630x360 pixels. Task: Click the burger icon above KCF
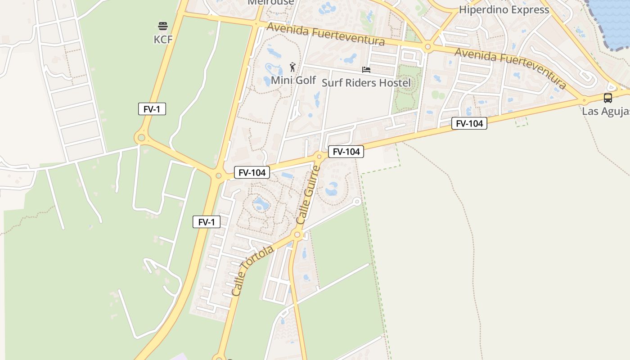point(163,26)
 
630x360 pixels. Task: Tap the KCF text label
point(163,40)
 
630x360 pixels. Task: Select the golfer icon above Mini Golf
point(293,67)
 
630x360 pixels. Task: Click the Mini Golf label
point(293,80)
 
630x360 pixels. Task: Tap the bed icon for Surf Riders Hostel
point(366,70)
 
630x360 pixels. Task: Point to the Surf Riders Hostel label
point(366,83)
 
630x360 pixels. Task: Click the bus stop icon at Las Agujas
point(607,98)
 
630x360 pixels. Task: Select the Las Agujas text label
point(606,111)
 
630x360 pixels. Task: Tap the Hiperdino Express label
point(504,9)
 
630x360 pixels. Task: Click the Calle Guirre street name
point(309,195)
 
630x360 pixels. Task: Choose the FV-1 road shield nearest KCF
point(152,109)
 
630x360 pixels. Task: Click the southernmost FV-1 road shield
point(207,222)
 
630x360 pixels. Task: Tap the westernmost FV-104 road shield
point(252,172)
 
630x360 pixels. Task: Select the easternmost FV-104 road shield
point(469,123)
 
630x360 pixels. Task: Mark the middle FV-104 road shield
point(346,152)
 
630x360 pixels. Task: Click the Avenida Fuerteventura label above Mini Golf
point(326,34)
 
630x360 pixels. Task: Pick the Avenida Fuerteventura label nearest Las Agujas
point(510,67)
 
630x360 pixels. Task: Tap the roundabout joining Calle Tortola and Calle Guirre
point(297,234)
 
